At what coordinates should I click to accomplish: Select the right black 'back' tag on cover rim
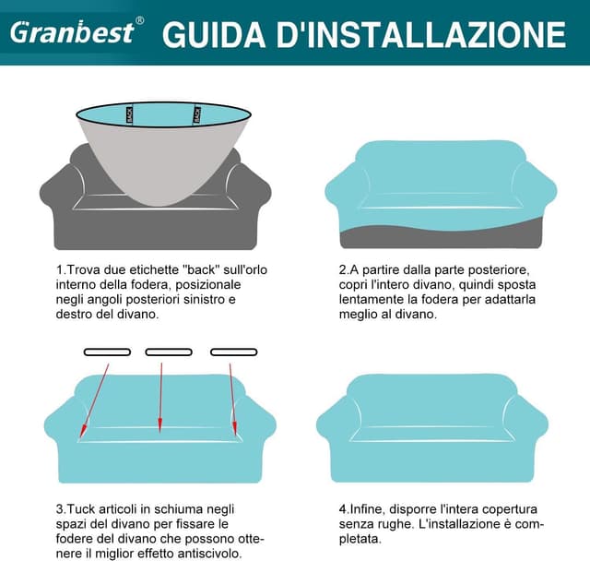pos(196,115)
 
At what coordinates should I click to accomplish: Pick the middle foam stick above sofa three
pos(169,352)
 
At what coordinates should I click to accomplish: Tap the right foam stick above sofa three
pos(231,352)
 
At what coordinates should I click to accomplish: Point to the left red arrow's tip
pos(83,434)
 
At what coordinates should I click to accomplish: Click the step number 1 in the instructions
pos(60,270)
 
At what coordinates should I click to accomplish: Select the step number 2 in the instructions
pos(342,270)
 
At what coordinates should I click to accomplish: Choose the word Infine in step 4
pos(368,508)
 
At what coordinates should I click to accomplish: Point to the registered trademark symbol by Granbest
pos(139,20)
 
